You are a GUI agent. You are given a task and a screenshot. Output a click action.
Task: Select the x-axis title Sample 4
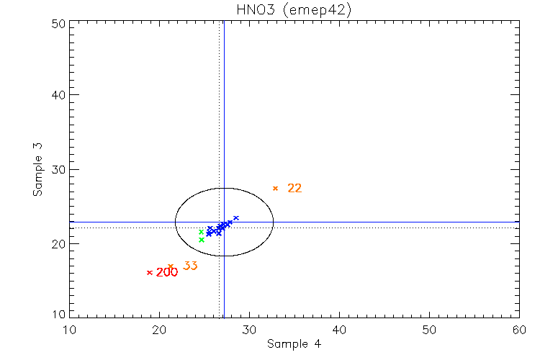tap(294, 344)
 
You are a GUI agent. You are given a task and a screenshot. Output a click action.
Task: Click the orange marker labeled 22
tap(275, 188)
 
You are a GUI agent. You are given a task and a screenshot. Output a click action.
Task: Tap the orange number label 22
tap(294, 189)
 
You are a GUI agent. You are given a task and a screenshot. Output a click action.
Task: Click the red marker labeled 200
tap(149, 272)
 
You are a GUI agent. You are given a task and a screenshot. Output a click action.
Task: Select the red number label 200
tap(167, 272)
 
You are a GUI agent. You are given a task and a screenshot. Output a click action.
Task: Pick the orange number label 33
tap(190, 266)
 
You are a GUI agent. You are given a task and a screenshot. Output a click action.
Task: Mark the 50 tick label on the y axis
tap(58, 22)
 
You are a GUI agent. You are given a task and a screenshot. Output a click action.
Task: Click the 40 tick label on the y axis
tap(58, 95)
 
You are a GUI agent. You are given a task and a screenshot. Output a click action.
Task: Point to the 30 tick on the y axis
tap(58, 170)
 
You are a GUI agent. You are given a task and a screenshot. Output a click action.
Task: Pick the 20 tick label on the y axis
tap(58, 244)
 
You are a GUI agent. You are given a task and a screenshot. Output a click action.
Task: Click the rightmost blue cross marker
tap(236, 217)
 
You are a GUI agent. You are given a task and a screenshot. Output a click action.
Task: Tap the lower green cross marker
tap(202, 240)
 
